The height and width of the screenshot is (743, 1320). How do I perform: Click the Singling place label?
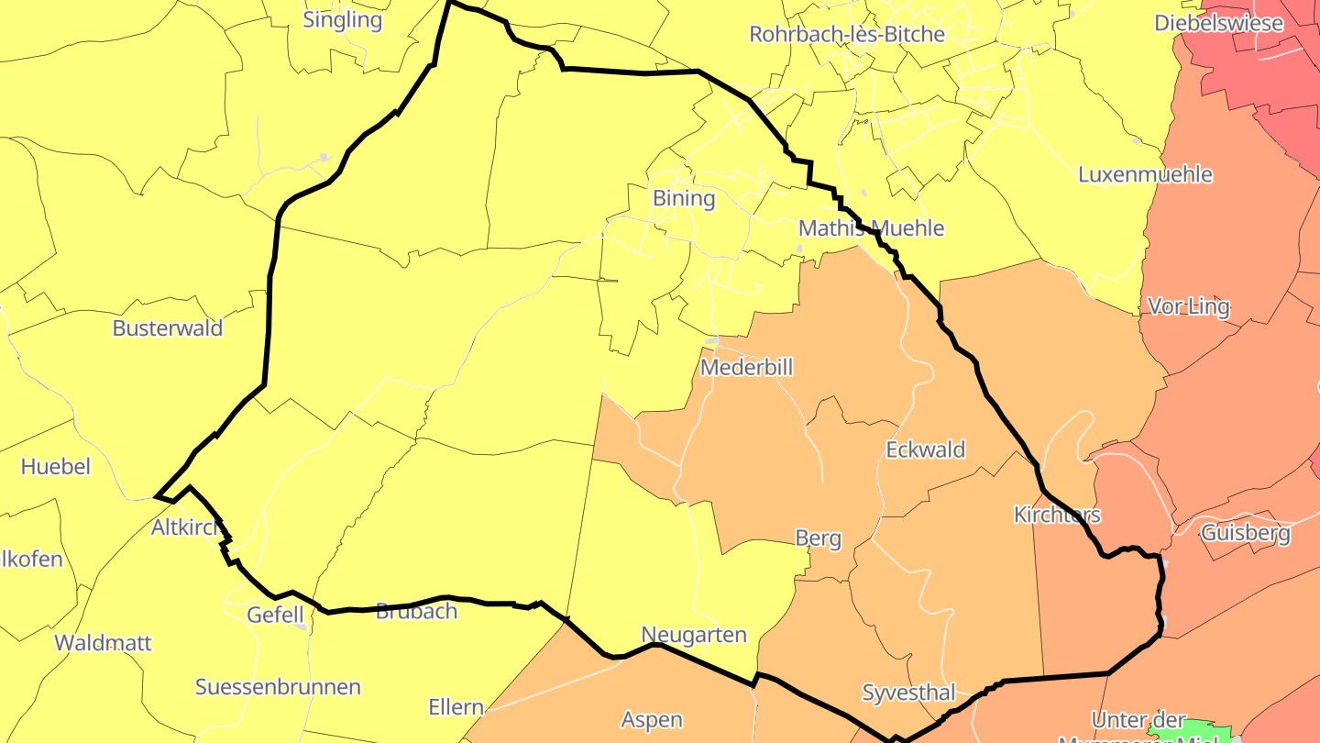coord(342,19)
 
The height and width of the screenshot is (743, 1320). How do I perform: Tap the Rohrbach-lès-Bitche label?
coord(846,34)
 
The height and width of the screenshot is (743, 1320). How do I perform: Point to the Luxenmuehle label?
coord(1145,174)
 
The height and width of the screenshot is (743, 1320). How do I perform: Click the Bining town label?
coord(683,198)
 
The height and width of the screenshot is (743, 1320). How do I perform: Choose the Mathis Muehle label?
coord(871,227)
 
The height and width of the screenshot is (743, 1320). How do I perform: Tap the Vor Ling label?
coord(1188,306)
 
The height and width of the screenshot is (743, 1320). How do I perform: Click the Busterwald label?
coord(168,328)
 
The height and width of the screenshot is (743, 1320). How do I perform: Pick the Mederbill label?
coord(746,367)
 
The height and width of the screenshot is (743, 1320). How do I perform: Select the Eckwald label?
coord(925,449)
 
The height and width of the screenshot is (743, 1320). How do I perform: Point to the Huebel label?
coord(56,467)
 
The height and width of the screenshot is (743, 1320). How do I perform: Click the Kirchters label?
coord(1057,515)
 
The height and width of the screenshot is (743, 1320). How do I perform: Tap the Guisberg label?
coord(1245,533)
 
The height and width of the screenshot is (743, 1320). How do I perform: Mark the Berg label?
coord(818,538)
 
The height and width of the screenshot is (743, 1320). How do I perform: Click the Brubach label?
coord(416,612)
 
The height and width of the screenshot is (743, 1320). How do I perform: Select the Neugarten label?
coord(694,635)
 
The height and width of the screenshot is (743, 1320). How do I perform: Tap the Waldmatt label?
coord(103,643)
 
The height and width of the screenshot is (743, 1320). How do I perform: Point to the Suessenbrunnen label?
coord(278,687)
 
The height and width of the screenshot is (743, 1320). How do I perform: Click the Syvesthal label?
coord(908,693)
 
